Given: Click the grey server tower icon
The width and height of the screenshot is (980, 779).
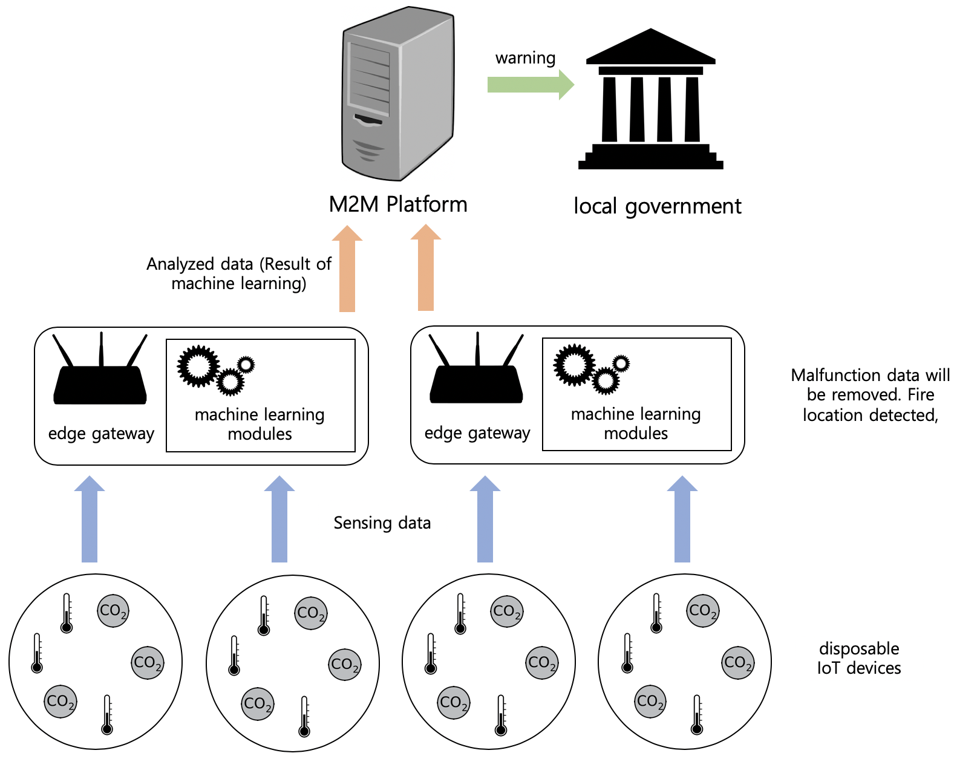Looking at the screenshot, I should [x=397, y=94].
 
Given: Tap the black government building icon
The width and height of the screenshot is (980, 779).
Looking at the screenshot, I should [x=651, y=100].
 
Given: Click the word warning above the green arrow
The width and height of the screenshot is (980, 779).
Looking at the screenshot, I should [x=525, y=58].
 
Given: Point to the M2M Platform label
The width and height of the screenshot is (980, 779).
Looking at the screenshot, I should [x=398, y=204].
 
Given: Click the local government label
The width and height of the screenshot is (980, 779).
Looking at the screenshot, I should [x=657, y=206].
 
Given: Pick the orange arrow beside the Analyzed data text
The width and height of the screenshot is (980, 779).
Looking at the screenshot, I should [x=347, y=269].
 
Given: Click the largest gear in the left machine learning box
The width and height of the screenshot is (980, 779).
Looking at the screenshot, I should [x=198, y=366].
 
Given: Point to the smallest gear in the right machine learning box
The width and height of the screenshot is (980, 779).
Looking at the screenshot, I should [x=621, y=363].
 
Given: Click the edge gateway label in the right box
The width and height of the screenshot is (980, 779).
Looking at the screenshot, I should [x=477, y=433].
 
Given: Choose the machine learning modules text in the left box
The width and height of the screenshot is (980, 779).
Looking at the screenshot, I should [x=260, y=424].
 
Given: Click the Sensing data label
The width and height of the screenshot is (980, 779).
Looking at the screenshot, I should [x=382, y=523].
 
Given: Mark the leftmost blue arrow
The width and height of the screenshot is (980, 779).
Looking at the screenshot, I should [x=90, y=520].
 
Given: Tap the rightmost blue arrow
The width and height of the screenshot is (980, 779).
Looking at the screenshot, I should [x=682, y=520].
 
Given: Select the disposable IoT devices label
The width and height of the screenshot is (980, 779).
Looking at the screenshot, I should [x=859, y=659].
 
